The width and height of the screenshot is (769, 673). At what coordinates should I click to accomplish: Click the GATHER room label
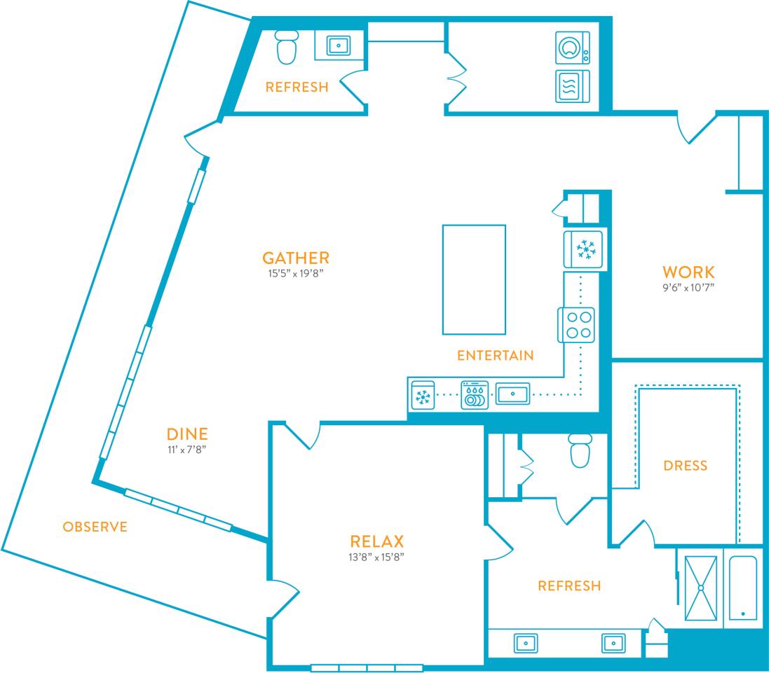296,258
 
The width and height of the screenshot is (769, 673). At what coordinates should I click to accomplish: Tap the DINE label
187,433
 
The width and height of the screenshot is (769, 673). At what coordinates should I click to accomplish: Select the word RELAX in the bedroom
377,541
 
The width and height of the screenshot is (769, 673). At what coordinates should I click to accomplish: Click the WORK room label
688,272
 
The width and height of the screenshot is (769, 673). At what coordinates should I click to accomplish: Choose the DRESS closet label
685,466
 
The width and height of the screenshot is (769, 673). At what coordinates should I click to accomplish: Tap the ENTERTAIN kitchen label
495,356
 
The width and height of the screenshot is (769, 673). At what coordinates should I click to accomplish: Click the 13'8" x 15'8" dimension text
377,557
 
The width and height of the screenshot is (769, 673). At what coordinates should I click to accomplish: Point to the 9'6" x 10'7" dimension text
688,287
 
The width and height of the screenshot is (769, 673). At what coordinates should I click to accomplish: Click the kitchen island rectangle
474,279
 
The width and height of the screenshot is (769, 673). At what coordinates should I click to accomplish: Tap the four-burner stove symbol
576,325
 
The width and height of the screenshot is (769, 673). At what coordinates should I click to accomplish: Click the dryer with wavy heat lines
573,86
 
